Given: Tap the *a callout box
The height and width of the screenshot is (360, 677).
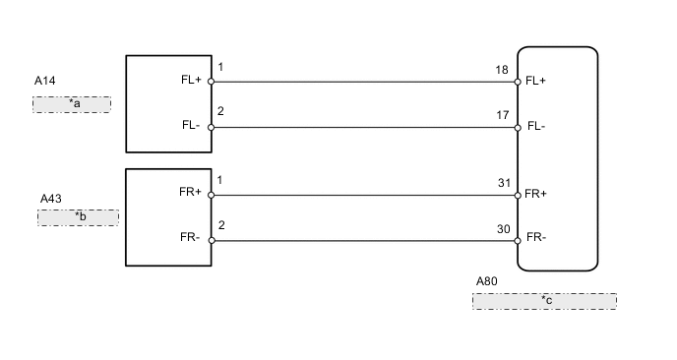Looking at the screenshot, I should pyautogui.click(x=72, y=104).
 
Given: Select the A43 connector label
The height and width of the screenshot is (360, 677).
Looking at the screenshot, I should pyautogui.click(x=50, y=198).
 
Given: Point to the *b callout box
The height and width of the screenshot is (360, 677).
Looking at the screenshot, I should pyautogui.click(x=78, y=217).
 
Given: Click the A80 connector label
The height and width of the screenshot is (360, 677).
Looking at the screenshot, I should pyautogui.click(x=486, y=280).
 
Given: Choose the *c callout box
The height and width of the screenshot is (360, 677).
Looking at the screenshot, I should pyautogui.click(x=544, y=301).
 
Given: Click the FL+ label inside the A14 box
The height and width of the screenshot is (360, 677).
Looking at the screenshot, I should pyautogui.click(x=191, y=82).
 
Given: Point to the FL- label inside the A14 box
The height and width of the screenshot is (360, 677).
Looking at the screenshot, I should pyautogui.click(x=191, y=127).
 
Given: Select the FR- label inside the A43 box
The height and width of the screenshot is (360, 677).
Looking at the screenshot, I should pyautogui.click(x=191, y=239).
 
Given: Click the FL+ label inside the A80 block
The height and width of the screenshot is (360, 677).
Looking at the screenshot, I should pyautogui.click(x=536, y=81).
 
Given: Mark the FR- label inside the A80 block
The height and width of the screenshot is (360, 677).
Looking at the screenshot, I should pyautogui.click(x=536, y=238).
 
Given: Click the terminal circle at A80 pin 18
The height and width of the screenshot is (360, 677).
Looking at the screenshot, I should pyautogui.click(x=518, y=82).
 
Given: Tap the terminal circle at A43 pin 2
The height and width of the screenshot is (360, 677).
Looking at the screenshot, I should pyautogui.click(x=212, y=240).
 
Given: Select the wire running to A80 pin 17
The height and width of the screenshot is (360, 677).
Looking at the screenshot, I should pyautogui.click(x=364, y=127).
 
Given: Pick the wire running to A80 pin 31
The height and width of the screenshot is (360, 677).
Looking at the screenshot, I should pyautogui.click(x=364, y=195).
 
